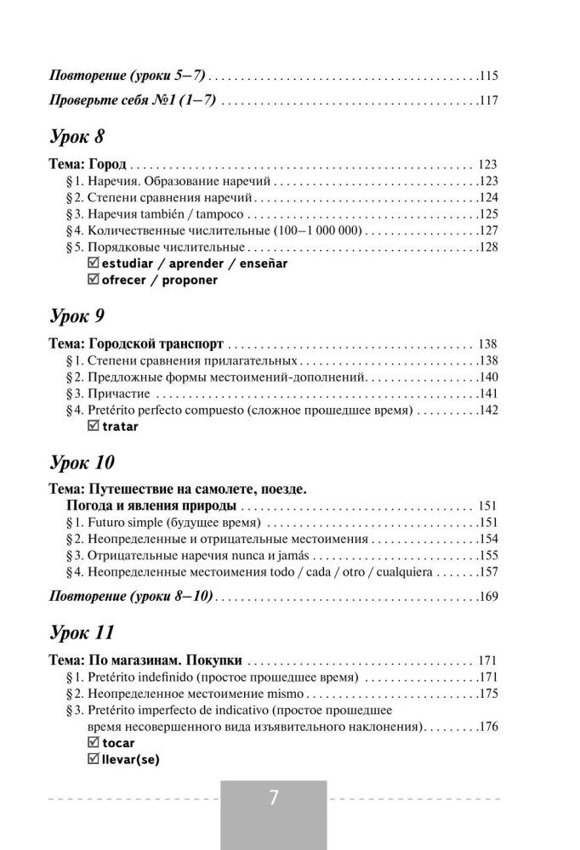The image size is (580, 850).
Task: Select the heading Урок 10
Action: point(82,464)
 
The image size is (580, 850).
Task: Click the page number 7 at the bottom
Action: point(273,799)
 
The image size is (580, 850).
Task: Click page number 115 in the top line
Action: point(488,75)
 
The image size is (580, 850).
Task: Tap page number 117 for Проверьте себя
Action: point(488,100)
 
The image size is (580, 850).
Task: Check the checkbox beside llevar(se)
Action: point(94,760)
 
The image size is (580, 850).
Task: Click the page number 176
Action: point(488,728)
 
